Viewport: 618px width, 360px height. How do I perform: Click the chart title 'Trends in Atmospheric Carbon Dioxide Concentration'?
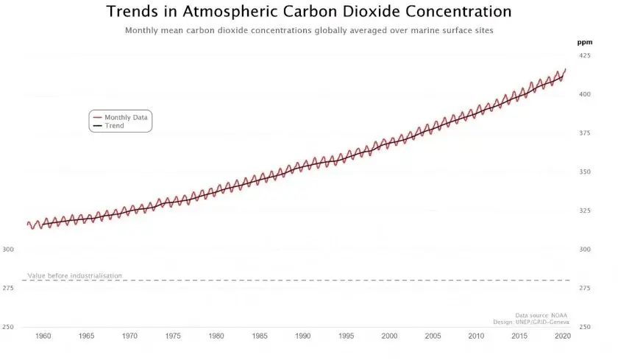(309, 12)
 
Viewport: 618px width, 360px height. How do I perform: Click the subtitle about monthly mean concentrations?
(309, 31)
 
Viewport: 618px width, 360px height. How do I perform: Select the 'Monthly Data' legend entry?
(126, 117)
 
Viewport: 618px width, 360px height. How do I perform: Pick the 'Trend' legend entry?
(114, 126)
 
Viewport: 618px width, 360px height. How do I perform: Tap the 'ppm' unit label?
(584, 42)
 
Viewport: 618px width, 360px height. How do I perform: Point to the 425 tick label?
(584, 56)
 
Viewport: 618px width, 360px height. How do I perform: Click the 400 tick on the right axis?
(584, 94)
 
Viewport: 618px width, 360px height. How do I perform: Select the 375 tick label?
(584, 133)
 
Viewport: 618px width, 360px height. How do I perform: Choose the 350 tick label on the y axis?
(584, 172)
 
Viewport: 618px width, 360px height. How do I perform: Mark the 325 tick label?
(584, 211)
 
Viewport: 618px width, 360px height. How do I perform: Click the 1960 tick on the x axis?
(43, 336)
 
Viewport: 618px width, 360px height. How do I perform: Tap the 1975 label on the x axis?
(173, 336)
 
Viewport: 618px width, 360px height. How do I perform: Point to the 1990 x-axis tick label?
(302, 336)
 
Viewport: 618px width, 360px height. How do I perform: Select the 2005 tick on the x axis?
(433, 336)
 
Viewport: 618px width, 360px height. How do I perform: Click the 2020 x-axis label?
(563, 336)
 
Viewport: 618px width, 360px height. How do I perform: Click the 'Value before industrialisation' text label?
(74, 275)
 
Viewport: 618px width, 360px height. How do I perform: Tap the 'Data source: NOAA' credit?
(541, 315)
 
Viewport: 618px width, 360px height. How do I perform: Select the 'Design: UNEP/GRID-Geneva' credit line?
(531, 322)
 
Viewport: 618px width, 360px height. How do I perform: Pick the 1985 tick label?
(260, 336)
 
